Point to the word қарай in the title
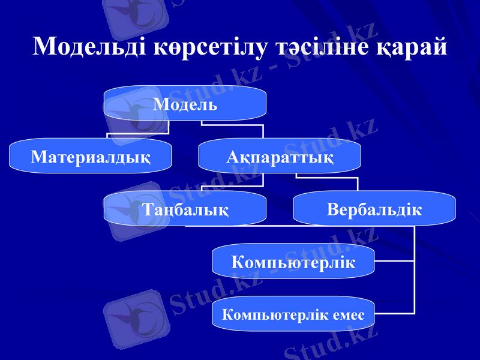pos(412,46)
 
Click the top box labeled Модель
pos(185,104)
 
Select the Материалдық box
pos(90,157)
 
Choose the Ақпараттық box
pos(280,157)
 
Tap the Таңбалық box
pos(185,209)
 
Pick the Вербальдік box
pos(374,209)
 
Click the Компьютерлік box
pos(293,262)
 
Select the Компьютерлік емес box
pos(293,314)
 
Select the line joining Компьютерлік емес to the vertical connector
pos(394,313)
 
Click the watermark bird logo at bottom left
pos(134,319)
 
